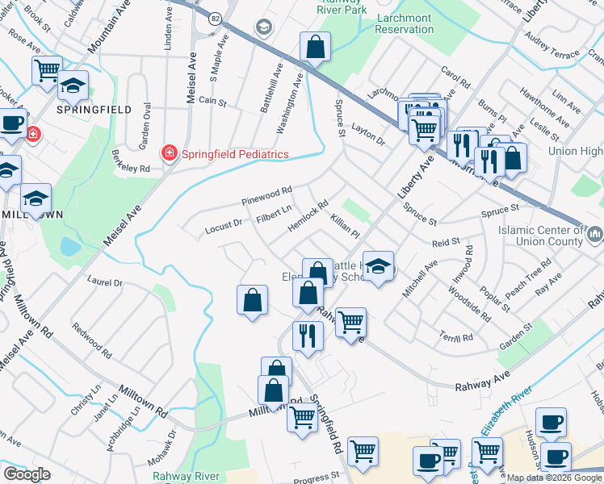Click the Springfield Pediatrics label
coord(234,154)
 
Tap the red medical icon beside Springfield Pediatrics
coord(170,152)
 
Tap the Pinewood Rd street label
coord(266,195)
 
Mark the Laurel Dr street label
coord(106,283)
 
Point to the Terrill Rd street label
coord(457,338)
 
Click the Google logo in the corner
coord(27,474)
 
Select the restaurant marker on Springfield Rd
coord(308,336)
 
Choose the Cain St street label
coord(212,102)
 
